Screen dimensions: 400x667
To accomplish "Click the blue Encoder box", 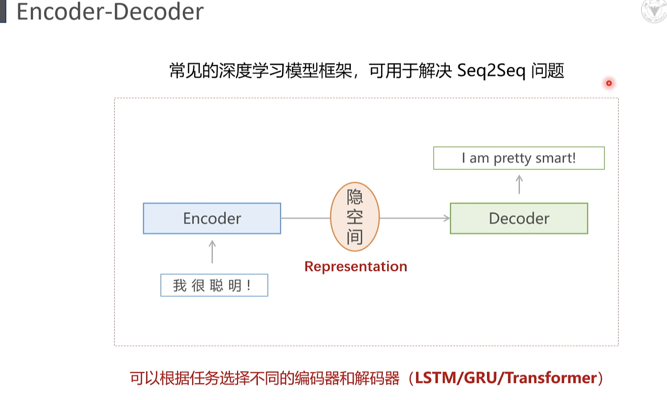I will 212,219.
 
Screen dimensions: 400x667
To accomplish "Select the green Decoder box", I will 519,219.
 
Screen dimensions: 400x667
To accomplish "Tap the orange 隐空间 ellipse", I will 355,217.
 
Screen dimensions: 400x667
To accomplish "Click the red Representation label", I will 356,267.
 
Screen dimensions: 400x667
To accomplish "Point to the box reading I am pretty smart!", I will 519,158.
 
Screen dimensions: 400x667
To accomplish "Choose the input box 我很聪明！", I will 214,285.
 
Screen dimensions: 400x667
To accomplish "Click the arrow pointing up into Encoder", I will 212,252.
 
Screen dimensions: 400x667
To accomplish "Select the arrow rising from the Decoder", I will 519,184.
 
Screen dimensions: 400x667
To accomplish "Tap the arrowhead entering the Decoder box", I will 447,218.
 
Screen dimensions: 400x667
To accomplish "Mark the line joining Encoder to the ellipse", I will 305,218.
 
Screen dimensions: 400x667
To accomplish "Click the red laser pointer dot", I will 609,83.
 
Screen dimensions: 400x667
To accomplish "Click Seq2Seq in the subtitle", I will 491,70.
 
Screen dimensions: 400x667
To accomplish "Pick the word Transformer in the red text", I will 552,378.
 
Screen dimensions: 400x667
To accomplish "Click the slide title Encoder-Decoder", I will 110,11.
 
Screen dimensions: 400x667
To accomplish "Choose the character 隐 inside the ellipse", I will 355,197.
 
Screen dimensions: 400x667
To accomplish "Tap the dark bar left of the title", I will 3,11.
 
